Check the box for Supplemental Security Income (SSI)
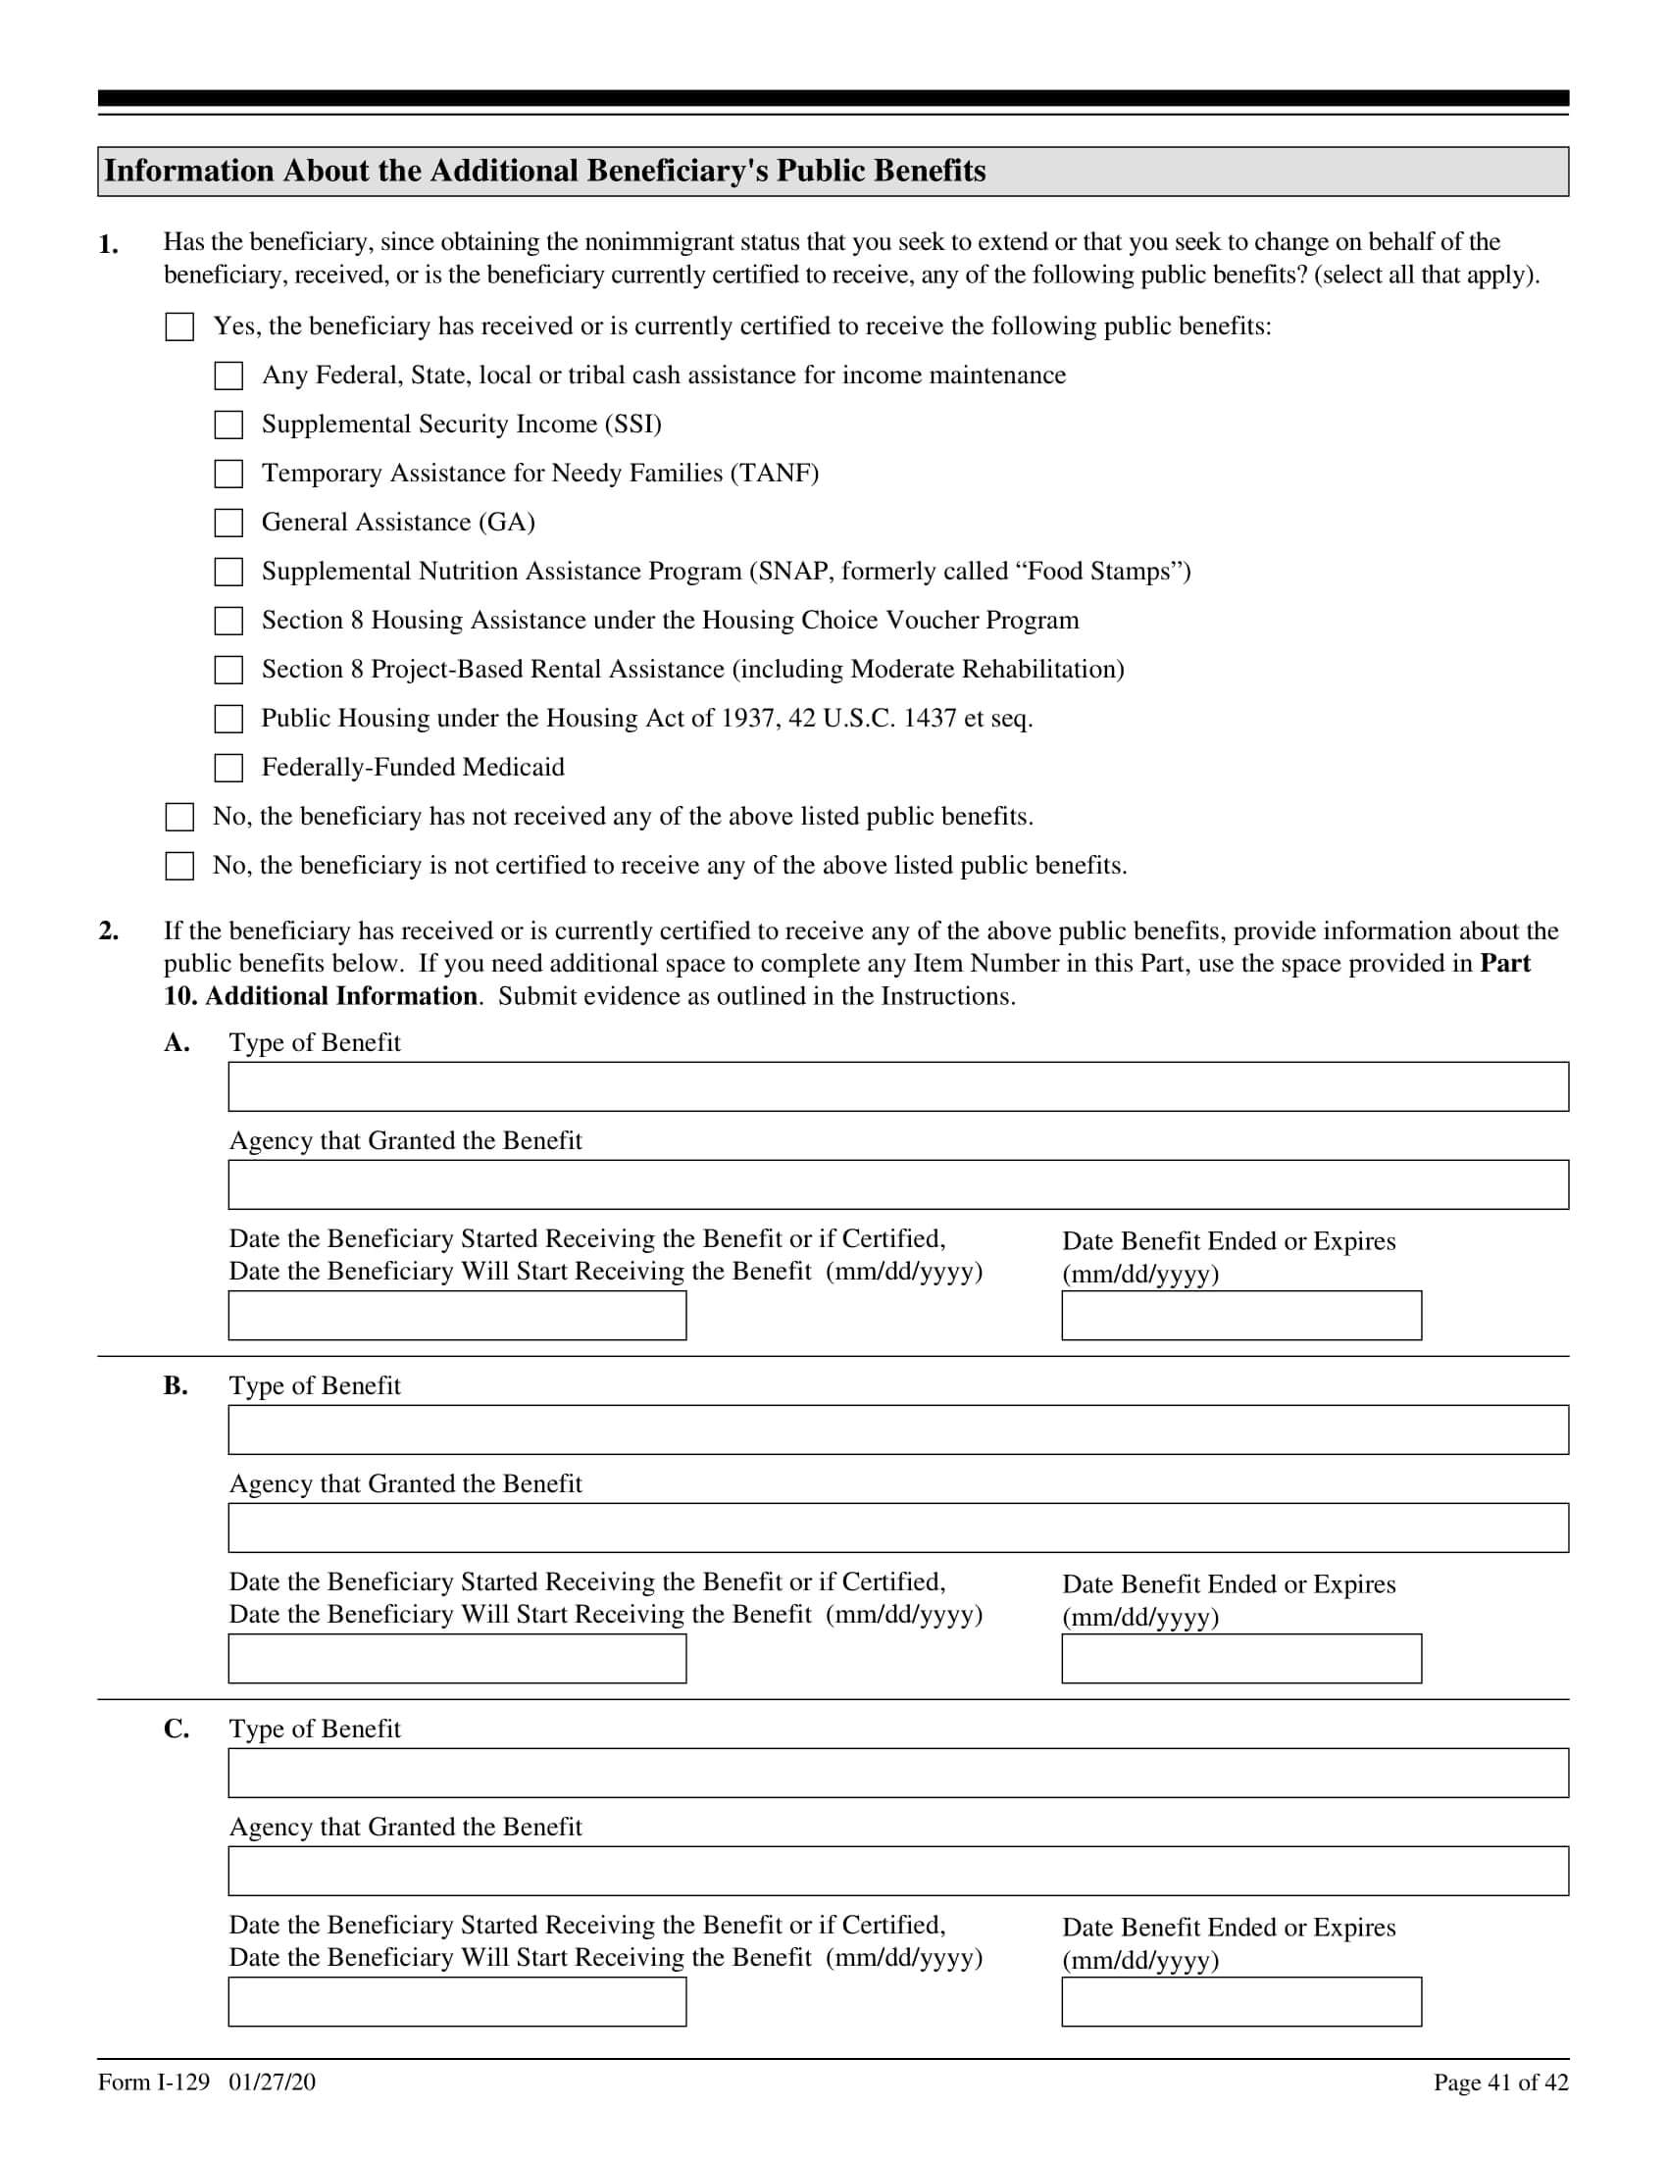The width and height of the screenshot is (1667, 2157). click(228, 425)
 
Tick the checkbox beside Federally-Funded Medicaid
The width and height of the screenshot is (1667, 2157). click(228, 768)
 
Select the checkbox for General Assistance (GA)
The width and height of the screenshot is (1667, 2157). click(228, 523)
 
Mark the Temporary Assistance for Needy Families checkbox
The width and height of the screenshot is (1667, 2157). click(228, 474)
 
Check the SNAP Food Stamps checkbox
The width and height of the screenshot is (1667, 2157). click(228, 572)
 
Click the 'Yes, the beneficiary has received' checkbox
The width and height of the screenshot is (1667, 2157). click(178, 326)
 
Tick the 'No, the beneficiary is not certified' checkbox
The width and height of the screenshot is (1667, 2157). click(178, 866)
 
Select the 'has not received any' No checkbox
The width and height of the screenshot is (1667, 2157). click(178, 817)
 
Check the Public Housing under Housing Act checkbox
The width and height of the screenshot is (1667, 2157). click(228, 719)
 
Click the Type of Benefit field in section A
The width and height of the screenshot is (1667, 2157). click(897, 1086)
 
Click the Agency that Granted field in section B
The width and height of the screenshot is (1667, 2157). click(897, 1528)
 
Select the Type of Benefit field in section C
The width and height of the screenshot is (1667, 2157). click(897, 1773)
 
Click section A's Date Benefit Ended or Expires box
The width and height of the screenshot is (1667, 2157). click(1241, 1316)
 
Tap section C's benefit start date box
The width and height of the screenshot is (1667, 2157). click(457, 2002)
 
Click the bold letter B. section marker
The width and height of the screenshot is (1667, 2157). click(176, 1385)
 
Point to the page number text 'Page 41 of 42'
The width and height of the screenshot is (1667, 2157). click(1500, 2082)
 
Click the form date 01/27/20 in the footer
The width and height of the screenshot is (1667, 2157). click(272, 2082)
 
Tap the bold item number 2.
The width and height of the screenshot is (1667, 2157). click(109, 931)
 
